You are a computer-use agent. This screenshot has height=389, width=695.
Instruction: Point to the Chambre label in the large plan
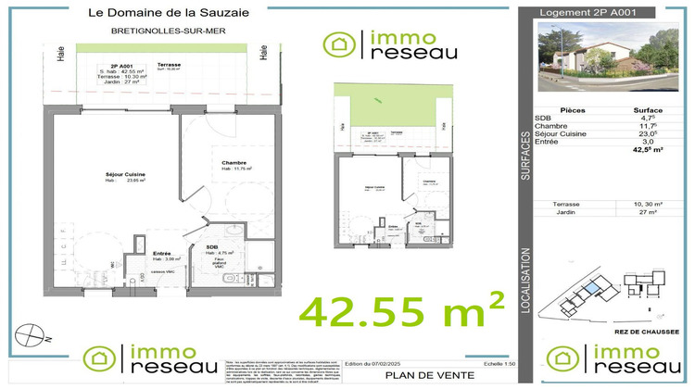233,163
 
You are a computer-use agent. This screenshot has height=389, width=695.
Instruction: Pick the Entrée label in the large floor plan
161,252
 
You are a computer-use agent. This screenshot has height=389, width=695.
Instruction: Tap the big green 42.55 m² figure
401,308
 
